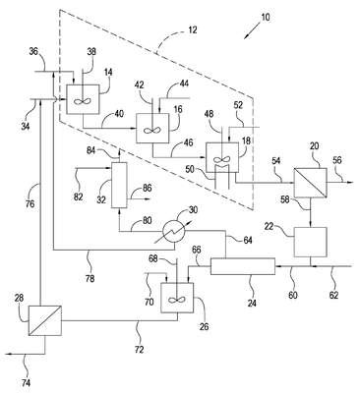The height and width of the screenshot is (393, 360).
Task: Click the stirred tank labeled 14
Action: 83,99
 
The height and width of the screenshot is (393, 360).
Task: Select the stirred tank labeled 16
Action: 152,128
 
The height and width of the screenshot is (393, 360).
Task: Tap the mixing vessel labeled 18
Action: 221,157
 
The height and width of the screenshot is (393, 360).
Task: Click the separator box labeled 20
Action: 310,183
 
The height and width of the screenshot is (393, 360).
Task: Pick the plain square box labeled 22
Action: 310,242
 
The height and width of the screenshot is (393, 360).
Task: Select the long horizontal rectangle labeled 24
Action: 243,266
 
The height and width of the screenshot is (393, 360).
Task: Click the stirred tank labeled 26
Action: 177,298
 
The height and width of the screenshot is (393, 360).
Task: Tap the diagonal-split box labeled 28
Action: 45,320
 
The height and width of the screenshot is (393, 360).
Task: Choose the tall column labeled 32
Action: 119,185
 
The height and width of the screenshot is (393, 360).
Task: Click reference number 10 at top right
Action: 266,17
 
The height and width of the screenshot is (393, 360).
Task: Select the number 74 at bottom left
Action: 27,382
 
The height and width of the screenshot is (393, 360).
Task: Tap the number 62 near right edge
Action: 332,295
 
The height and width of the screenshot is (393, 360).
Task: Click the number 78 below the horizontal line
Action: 90,278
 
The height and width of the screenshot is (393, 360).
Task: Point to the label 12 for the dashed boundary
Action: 193,30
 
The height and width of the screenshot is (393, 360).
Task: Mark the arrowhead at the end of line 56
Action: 350,182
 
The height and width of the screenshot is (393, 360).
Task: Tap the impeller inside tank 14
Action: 82,101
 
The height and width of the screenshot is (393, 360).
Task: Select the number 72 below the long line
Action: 140,349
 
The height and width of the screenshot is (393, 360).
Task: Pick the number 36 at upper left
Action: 33,51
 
